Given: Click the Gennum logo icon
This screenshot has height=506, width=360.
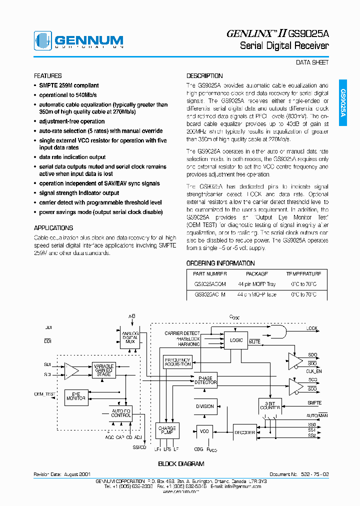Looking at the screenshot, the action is pyautogui.click(x=42, y=41).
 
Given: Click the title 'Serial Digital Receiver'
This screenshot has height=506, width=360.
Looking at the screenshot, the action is pyautogui.click(x=284, y=46).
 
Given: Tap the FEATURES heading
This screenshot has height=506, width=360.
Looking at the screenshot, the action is pyautogui.click(x=48, y=76).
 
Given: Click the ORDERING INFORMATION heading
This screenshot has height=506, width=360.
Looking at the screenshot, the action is pyautogui.click(x=220, y=263).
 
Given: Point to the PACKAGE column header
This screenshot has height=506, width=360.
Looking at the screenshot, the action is pyautogui.click(x=257, y=274).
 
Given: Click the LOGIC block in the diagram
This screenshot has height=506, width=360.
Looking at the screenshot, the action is pyautogui.click(x=236, y=340).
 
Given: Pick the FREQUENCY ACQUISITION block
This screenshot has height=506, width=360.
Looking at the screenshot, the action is pyautogui.click(x=177, y=362).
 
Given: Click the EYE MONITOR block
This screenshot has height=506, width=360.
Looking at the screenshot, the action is pyautogui.click(x=76, y=395).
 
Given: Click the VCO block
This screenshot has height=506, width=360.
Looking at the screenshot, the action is pyautogui.click(x=204, y=431).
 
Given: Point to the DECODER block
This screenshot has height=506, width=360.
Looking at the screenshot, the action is pyautogui.click(x=244, y=432).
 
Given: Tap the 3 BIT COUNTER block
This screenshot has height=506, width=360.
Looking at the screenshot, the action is pyautogui.click(x=270, y=406).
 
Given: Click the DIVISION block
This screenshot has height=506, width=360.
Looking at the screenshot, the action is pyautogui.click(x=204, y=406).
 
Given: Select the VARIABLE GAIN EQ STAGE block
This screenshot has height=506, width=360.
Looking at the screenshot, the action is pyautogui.click(x=104, y=370).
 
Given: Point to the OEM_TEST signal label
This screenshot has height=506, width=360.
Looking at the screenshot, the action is pyautogui.click(x=44, y=394).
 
